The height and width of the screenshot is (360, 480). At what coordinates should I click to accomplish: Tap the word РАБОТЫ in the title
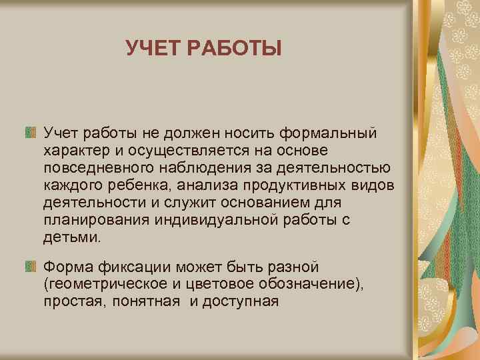(236, 48)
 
